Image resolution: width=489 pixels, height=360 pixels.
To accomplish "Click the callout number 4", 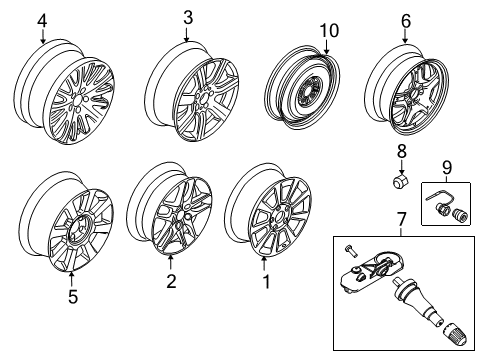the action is coord(42,21).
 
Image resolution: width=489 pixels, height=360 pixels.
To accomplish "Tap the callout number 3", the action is coord(188,18).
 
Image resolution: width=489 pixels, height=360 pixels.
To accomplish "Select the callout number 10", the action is coord(329,31).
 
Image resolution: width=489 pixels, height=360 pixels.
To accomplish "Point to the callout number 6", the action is coord(406,21).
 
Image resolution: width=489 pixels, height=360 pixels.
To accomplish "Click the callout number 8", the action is coord(401,151).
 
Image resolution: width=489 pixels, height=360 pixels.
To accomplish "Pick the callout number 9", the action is coord(447,167).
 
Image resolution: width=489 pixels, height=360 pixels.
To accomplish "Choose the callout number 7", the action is coord(402,219).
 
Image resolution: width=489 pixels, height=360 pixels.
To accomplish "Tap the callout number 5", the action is coord(73,297).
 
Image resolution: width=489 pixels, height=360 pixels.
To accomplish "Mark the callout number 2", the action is coord(171,282).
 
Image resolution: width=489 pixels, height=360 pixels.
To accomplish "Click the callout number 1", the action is coord(266,282).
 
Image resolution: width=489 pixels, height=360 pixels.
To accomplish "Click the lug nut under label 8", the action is coord(400,181).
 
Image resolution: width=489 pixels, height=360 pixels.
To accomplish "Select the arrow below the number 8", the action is coord(401,166).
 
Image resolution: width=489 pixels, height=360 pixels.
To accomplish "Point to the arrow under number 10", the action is coord(326,47).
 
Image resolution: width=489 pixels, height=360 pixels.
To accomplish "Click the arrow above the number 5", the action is coord(71,280).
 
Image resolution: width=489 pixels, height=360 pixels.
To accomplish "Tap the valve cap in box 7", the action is coord(453,335).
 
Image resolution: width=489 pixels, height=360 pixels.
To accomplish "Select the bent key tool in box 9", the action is coord(438,199).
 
